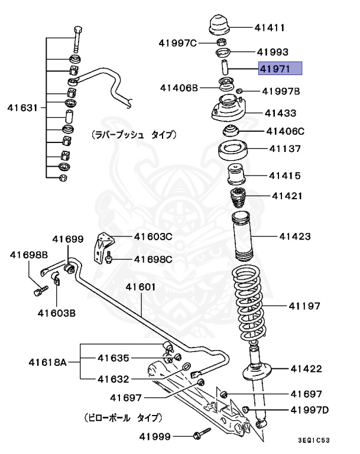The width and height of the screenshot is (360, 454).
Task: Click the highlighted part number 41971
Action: (281, 69)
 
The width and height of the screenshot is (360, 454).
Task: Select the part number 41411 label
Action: (270, 27)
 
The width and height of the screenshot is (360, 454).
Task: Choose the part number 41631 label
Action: (22, 108)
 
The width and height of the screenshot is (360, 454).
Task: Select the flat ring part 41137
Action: (233, 151)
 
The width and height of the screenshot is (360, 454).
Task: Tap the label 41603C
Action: (153, 237)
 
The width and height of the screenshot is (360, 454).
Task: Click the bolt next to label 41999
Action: (202, 434)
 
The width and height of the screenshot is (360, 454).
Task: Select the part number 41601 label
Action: (140, 287)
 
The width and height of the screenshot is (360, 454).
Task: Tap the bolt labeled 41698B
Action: (40, 290)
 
